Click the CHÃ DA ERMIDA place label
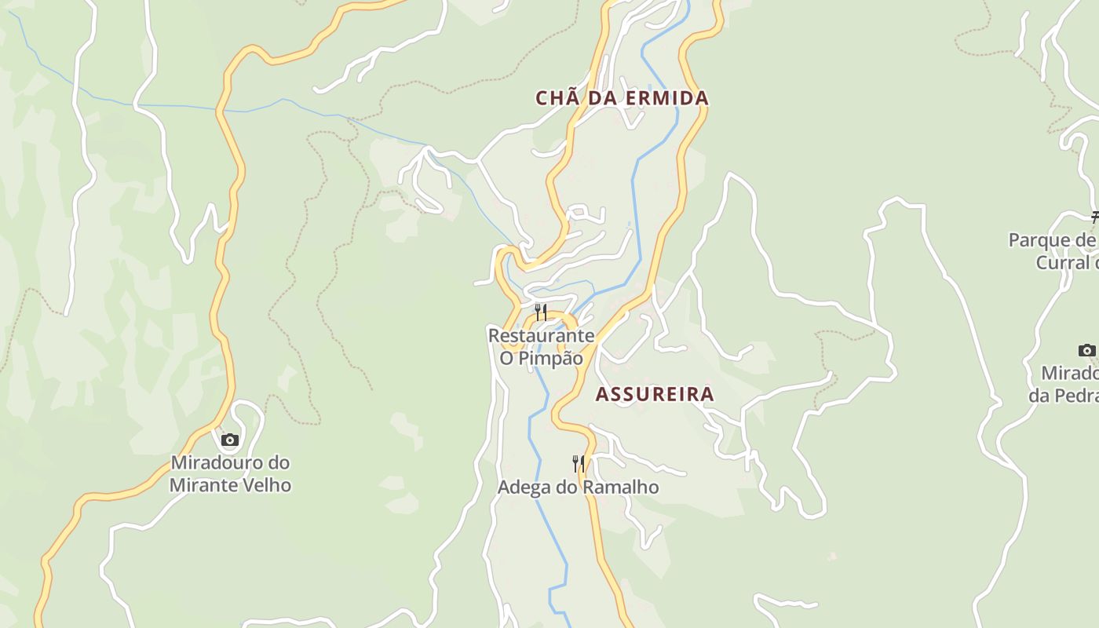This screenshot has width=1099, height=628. tap(622, 98)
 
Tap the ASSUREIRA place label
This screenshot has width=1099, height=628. tap(655, 394)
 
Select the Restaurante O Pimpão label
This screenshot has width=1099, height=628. tap(541, 347)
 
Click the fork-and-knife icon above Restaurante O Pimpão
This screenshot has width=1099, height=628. tap(541, 312)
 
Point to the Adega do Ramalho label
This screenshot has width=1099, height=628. tap(578, 487)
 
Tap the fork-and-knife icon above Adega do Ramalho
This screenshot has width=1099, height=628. tap(579, 463)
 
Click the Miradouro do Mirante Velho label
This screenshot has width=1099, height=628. tap(230, 474)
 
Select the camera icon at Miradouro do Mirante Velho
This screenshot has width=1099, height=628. tap(229, 440)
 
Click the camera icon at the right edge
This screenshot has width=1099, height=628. tap(1086, 350)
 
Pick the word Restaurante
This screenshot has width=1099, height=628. tap(541, 336)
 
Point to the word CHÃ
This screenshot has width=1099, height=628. tap(553, 98)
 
